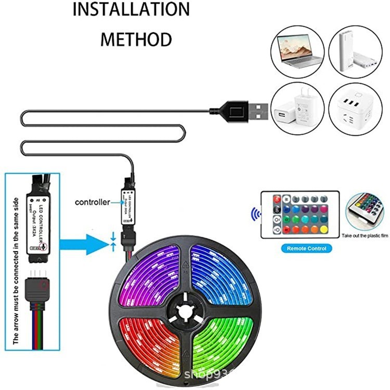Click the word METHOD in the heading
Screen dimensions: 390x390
136,39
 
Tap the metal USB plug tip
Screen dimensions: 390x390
258,110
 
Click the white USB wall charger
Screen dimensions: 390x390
294,108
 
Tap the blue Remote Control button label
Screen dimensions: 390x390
307,249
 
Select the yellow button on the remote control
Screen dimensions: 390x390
324,229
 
